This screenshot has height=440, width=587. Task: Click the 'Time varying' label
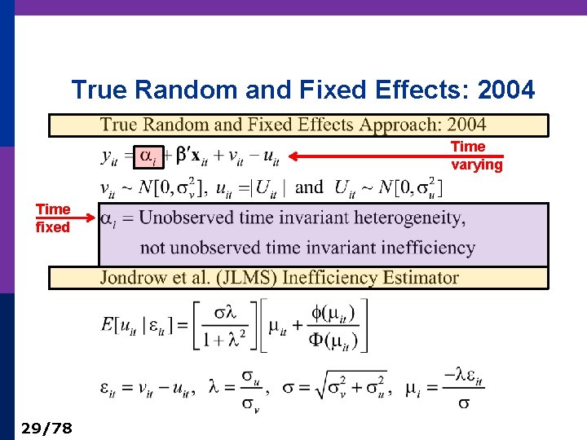tap(477, 156)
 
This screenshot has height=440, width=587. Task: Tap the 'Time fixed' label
tap(53, 218)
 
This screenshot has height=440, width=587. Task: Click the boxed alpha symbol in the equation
tap(146, 156)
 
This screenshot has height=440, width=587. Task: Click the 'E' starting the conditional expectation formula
tap(108, 325)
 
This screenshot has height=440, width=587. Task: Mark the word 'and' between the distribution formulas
tap(309, 187)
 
